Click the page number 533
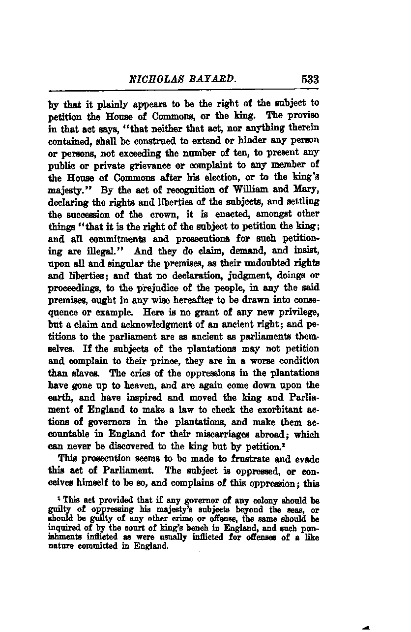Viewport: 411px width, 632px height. [308, 79]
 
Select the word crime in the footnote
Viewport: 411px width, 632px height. [185, 518]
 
